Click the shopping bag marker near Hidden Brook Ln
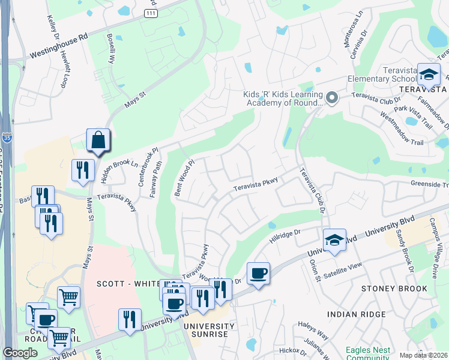(98, 140)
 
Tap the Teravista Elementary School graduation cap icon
(429, 74)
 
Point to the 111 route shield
(151, 14)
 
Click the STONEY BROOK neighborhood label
(394, 289)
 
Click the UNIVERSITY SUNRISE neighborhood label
(209, 329)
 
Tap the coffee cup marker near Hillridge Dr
(258, 274)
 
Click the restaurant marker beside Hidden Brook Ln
(82, 170)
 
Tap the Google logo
(20, 353)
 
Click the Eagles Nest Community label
(367, 353)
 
